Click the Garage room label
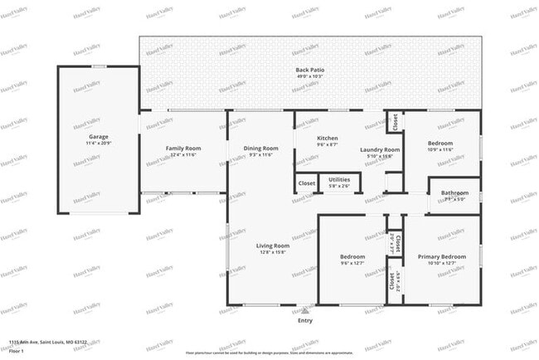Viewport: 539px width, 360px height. coord(99,137)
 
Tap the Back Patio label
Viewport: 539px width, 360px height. coord(310,69)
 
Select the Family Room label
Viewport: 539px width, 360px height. coord(183,148)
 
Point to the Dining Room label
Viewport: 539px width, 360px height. coord(260,148)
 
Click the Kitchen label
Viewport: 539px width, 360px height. coord(328,138)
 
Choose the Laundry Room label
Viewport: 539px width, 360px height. coord(381,149)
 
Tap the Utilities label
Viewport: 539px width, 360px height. coord(339,179)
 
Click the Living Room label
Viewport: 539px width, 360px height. coord(271,246)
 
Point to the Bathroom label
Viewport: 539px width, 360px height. coord(454,192)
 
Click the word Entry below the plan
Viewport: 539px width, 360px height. coord(305,320)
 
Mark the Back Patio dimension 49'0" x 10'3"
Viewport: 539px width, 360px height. coord(310,76)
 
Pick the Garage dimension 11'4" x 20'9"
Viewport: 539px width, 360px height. coord(99,144)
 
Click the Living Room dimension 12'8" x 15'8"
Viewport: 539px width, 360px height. coord(271,253)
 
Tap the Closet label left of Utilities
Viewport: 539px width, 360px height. coord(307,182)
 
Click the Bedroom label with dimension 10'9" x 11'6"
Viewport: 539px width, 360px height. coord(440,143)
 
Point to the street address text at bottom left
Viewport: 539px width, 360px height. coord(48,341)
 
